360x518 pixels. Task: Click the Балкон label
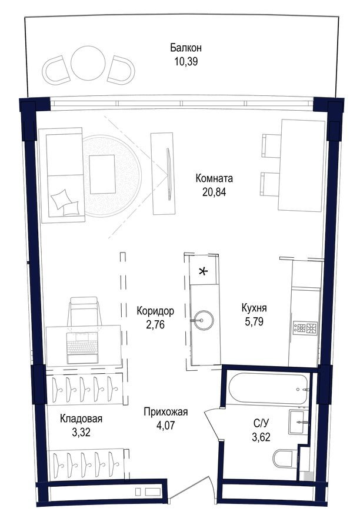point(186,48)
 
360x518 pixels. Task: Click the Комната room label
point(214,178)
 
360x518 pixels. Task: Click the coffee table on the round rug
point(102,173)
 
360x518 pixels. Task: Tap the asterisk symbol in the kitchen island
point(204,271)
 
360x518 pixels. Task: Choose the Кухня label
point(255,307)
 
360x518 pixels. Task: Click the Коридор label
point(155,310)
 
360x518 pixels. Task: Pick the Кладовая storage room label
point(81,419)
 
